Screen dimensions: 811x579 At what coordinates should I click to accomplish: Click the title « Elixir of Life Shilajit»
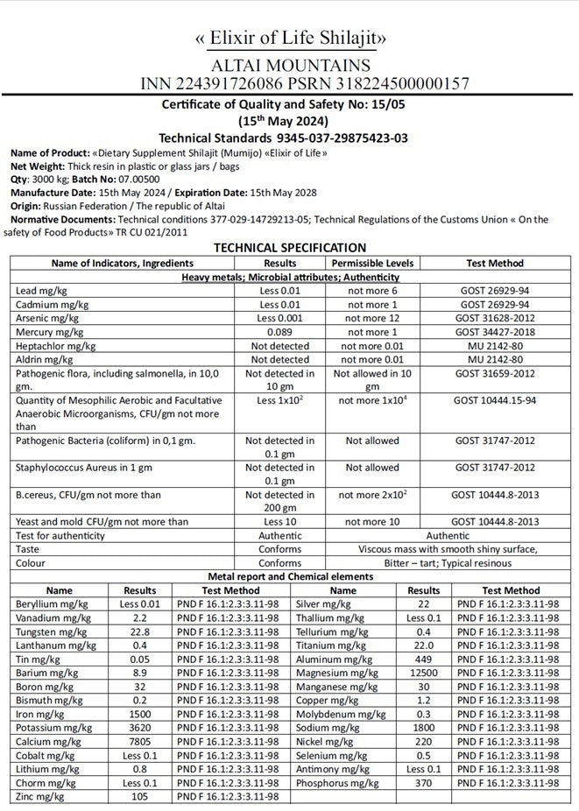tap(290, 39)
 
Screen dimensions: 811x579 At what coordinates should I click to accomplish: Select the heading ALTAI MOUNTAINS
tap(290, 66)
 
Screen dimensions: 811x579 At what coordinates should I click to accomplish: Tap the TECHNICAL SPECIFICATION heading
tap(290, 248)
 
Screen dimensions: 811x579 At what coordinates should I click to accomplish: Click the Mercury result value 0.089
tap(279, 333)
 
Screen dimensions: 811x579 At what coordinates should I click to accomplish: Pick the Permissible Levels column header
tap(372, 263)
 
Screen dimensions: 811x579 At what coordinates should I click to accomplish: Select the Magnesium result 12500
tap(424, 673)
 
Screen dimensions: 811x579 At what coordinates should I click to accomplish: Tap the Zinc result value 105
tap(140, 796)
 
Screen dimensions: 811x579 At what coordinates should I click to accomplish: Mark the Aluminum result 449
tap(424, 659)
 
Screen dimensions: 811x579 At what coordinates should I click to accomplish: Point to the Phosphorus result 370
tap(424, 782)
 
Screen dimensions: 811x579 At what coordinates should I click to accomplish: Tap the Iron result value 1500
tap(140, 714)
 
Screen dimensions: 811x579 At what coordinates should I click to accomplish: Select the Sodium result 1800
tap(424, 727)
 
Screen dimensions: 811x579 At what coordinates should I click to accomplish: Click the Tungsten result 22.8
tap(140, 631)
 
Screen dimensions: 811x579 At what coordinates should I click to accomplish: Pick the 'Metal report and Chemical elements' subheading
tap(290, 576)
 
